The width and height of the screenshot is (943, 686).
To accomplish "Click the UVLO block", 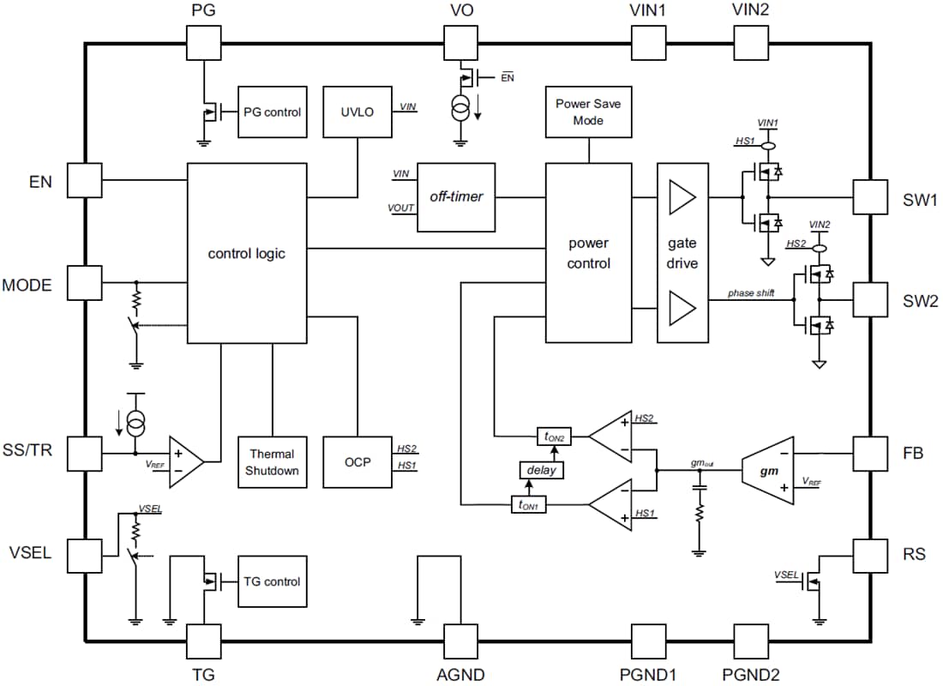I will [x=357, y=111].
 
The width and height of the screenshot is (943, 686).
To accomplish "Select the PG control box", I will [x=272, y=111].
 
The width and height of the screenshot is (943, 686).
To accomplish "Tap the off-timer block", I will [x=456, y=197].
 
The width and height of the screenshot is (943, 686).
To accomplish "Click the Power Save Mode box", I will [x=588, y=111].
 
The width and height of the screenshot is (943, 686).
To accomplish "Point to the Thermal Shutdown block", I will [x=272, y=462].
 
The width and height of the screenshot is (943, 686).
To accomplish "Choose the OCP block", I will [x=357, y=462].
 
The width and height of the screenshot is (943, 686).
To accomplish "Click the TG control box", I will [x=272, y=581].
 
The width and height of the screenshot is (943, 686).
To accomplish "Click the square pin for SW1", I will [x=869, y=198].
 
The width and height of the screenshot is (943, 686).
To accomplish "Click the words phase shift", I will [x=751, y=293].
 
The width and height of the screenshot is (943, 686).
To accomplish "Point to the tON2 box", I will [x=553, y=437].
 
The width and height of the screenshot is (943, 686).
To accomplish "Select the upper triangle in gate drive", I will [x=682, y=198].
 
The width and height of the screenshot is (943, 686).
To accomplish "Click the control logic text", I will [x=247, y=254].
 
